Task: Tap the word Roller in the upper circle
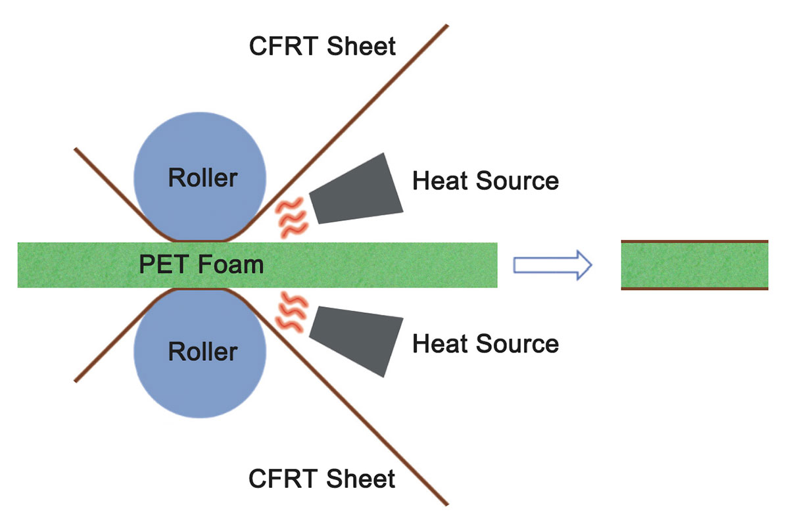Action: (203, 178)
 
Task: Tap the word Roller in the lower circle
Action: (203, 352)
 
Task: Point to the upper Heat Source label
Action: (485, 180)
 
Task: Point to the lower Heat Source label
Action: (485, 343)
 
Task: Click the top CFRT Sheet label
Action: (322, 47)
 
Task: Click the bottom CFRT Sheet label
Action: (322, 479)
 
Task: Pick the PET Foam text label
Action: (201, 265)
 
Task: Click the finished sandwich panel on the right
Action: (694, 265)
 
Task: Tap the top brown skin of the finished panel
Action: (694, 242)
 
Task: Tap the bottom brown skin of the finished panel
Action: (694, 288)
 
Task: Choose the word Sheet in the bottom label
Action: (361, 479)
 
